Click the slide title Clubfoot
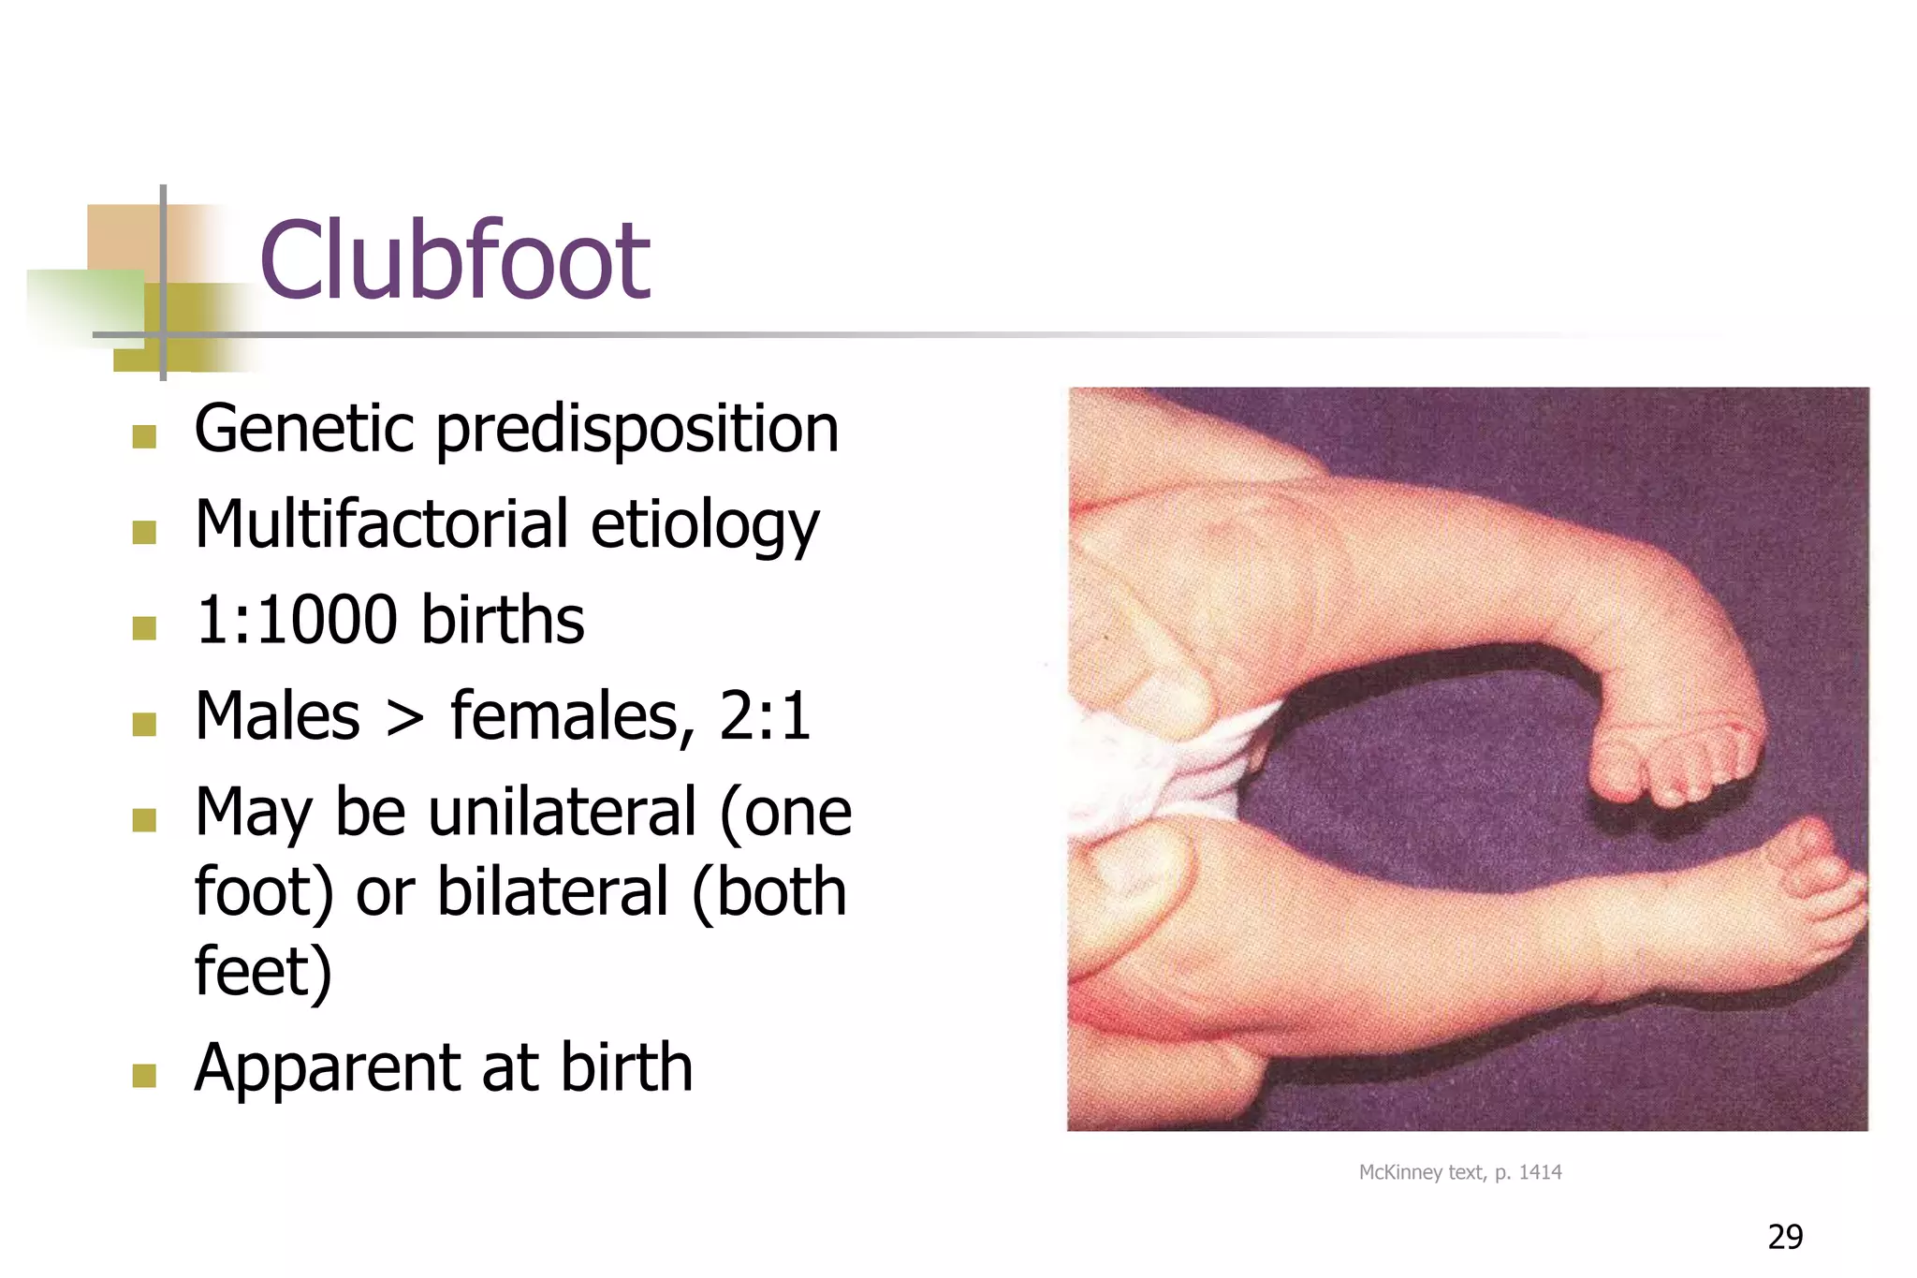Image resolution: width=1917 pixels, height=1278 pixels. [x=454, y=259]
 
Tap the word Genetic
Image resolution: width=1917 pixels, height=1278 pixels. [x=303, y=429]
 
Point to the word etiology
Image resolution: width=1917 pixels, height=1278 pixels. [x=705, y=526]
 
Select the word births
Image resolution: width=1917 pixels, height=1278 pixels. [x=503, y=621]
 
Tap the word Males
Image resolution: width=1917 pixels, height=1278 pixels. [x=277, y=716]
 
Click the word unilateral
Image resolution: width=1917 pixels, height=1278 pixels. [x=563, y=812]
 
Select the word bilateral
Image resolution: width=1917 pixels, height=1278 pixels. [x=552, y=891]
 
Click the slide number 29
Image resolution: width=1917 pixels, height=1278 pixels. [x=1785, y=1237]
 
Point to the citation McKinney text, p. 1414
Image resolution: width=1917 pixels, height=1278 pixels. [x=1459, y=1172]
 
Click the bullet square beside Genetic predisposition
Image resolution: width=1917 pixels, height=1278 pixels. [x=144, y=436]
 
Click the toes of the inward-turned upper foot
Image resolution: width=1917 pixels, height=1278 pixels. [x=1676, y=768]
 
